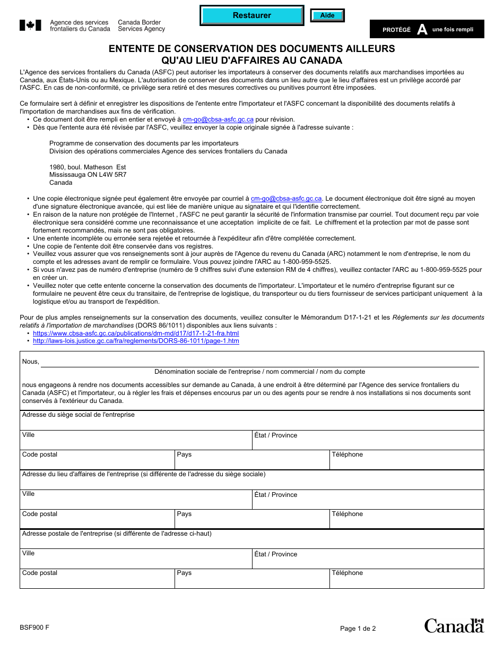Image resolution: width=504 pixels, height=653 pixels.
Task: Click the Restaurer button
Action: click(x=251, y=15)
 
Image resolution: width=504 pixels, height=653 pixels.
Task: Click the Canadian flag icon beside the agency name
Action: click(x=30, y=25)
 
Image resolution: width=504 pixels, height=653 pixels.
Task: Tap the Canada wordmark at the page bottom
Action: click(x=454, y=625)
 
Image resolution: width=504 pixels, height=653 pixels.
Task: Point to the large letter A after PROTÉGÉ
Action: click(x=422, y=30)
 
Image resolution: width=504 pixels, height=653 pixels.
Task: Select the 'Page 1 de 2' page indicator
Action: click(x=358, y=629)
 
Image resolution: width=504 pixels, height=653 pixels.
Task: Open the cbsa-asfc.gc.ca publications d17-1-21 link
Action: click(x=136, y=333)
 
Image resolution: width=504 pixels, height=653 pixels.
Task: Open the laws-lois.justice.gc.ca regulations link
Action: click(x=136, y=341)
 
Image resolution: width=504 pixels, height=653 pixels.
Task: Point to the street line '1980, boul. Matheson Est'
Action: click(x=88, y=167)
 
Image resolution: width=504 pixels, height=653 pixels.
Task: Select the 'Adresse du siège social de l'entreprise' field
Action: click(x=251, y=423)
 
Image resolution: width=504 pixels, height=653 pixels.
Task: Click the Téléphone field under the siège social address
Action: click(x=406, y=462)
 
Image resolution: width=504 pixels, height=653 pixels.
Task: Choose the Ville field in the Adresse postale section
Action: click(x=136, y=561)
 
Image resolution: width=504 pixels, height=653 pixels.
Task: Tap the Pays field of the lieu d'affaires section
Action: click(x=251, y=521)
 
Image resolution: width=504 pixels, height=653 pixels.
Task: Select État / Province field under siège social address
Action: click(x=368, y=442)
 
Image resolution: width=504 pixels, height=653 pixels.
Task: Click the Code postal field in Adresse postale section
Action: click(x=97, y=580)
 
